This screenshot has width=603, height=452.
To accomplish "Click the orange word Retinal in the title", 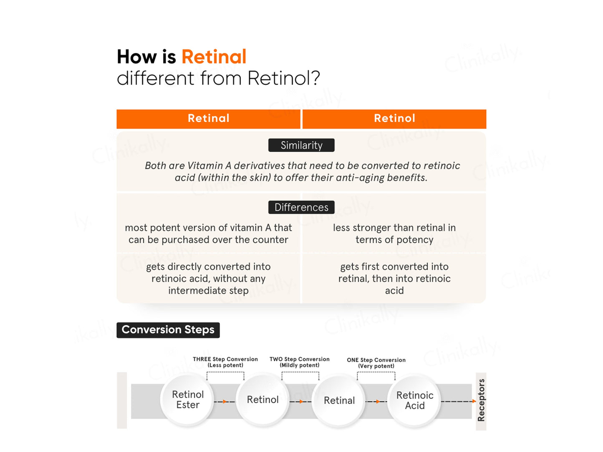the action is (214, 57).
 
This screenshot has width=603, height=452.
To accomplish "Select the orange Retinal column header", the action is (208, 119).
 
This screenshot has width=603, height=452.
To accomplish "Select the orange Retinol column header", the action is (394, 119).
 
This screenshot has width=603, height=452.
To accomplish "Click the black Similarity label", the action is (301, 145).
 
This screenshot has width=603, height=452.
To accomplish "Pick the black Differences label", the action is (301, 207).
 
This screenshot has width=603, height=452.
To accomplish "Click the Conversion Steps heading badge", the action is (168, 330).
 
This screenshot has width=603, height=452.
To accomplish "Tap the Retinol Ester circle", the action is (188, 400).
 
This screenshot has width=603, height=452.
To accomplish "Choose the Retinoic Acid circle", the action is (414, 400).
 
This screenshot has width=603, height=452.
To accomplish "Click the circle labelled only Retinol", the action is (262, 400).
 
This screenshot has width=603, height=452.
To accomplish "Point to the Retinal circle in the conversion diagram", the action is (339, 400).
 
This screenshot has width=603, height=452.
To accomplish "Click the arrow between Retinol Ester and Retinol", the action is (225, 402).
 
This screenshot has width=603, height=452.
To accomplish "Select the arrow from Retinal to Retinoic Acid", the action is (377, 402).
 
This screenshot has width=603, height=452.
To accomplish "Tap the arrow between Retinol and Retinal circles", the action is (301, 402).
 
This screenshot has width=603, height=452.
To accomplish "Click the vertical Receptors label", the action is (481, 400).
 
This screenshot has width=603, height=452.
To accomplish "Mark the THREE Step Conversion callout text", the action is (225, 362).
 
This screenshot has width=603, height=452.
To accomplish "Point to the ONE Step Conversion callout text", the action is (376, 363).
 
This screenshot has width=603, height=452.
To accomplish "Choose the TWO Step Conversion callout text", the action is (300, 362).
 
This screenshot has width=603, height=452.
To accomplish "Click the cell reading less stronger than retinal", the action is (394, 234).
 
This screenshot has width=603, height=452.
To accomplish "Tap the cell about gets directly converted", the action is (208, 279).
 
